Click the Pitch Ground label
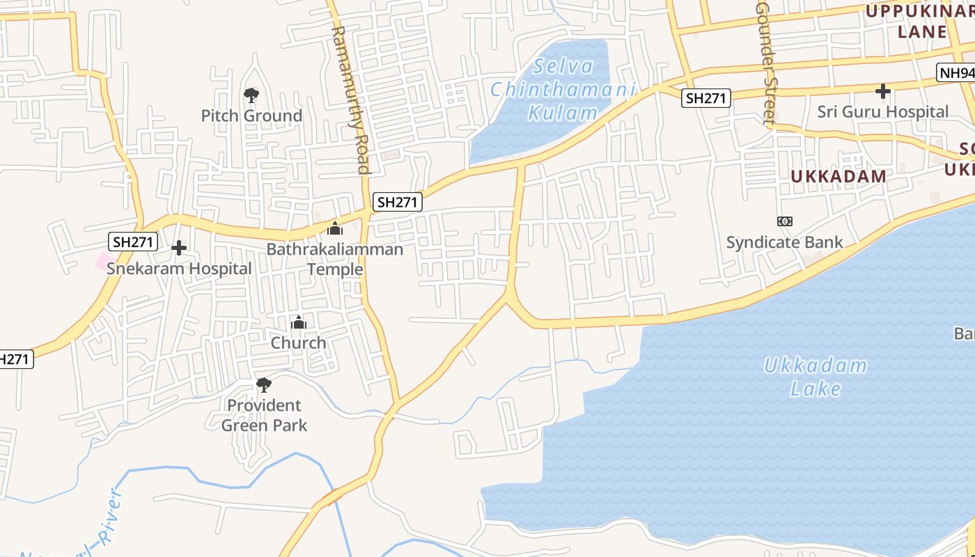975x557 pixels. (x=251, y=116)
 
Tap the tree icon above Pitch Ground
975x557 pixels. (x=251, y=95)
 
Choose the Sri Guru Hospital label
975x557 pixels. (x=882, y=111)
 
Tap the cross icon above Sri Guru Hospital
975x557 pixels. (x=883, y=91)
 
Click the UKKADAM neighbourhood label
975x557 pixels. (x=838, y=176)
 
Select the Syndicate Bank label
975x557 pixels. (x=784, y=242)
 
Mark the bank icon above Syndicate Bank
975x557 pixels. (x=785, y=221)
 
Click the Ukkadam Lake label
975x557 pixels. (x=816, y=376)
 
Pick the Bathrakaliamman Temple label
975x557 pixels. (x=335, y=259)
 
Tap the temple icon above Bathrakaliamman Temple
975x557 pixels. (x=335, y=228)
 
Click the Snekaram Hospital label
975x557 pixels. (x=179, y=269)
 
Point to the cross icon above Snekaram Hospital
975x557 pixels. (x=179, y=248)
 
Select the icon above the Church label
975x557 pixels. (x=299, y=322)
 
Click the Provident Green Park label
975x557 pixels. (x=264, y=414)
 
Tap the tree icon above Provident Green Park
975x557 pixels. (x=264, y=384)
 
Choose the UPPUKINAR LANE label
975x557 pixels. (x=919, y=21)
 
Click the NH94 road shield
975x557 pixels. (x=955, y=73)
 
